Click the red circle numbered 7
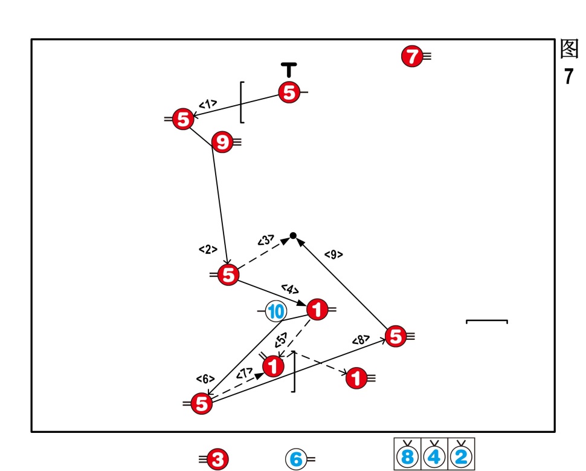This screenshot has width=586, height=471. tap(411, 57)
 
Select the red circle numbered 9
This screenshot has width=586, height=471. tap(222, 143)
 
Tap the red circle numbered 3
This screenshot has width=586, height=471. tap(217, 460)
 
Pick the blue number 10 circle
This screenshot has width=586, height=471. tap(276, 312)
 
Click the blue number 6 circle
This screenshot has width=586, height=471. tap(296, 459)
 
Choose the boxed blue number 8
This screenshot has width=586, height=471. tap(408, 456)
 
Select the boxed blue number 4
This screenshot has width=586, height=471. tap(434, 456)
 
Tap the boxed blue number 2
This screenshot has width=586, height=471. tap(461, 456)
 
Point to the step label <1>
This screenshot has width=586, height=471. tap(208, 104)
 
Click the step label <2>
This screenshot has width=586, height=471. tap(208, 248)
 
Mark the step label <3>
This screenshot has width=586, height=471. tap(266, 240)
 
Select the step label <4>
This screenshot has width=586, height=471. tap(290, 289)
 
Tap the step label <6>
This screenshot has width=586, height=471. tap(205, 378)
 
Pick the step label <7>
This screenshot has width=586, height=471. tap(245, 374)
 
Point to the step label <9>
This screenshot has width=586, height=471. tap(333, 255)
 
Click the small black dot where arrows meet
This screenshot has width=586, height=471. tap(293, 235)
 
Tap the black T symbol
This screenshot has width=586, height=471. tap(290, 69)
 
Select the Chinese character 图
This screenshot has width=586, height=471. tap(569, 49)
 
